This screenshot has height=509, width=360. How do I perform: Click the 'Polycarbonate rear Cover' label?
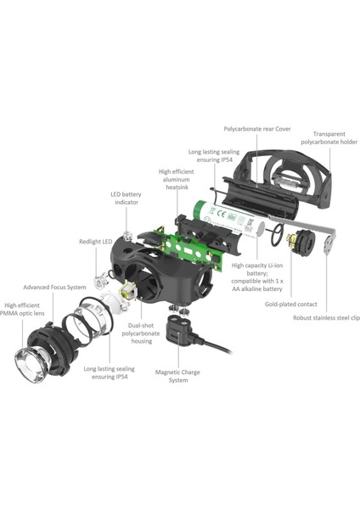point(256,130)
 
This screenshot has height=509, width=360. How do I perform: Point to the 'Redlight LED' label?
point(96,241)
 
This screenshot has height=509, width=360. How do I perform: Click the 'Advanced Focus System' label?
point(54,287)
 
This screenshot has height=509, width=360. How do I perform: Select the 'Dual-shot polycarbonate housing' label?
point(145,334)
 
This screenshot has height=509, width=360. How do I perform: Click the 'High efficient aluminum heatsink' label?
point(177,180)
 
